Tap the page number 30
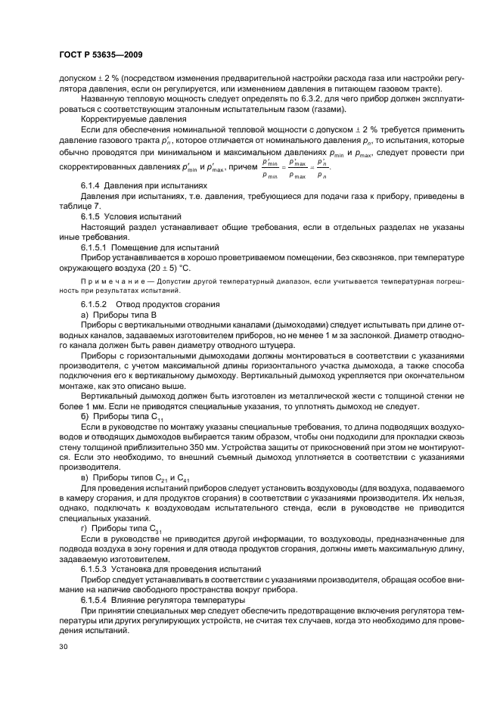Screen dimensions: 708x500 pos(63,647)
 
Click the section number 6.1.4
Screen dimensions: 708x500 pos(93,185)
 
